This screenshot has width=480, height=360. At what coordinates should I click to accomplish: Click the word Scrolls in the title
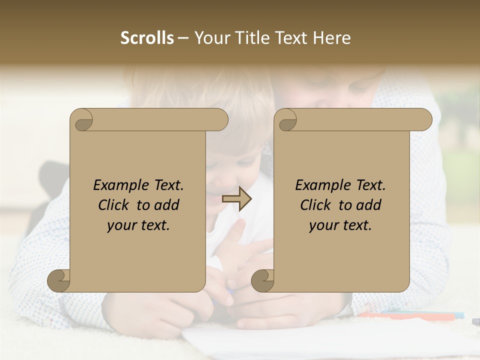(x=147, y=38)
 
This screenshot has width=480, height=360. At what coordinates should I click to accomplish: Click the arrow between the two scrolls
(x=236, y=199)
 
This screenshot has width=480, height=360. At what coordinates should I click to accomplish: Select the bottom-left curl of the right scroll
(x=263, y=281)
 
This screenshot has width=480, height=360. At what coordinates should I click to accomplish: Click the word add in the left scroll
(x=167, y=205)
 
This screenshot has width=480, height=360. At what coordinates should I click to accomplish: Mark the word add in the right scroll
(x=369, y=205)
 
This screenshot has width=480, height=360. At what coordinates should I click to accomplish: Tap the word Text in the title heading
(x=292, y=38)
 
